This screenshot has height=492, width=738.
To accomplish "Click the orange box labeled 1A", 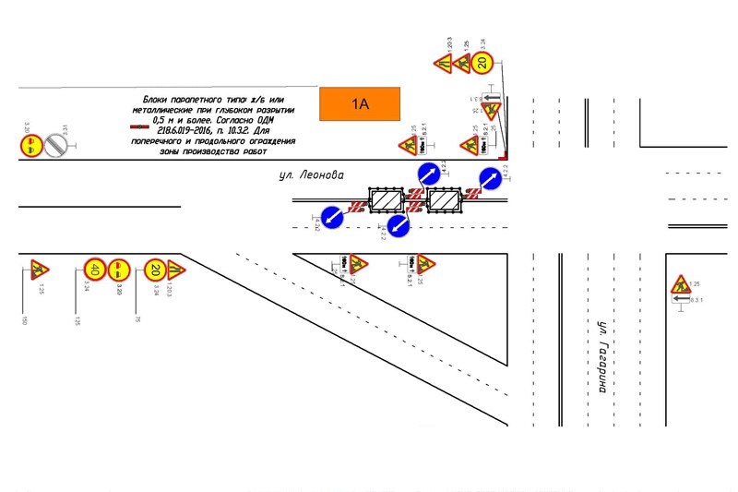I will tap(359, 104).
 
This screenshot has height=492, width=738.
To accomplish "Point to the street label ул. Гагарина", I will tap(601, 357).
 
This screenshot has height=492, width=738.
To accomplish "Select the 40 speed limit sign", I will tap(93, 270).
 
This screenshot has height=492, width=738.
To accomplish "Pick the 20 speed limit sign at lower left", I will tap(155, 270).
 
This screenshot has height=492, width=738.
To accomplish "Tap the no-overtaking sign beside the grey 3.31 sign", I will tap(30, 145).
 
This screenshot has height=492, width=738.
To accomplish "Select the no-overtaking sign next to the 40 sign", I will tap(119, 270).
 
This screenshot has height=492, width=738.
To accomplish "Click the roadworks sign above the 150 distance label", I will tap(39, 270).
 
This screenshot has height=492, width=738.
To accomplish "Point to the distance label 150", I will tap(25, 319).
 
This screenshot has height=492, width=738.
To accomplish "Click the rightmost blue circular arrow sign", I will tap(491, 180).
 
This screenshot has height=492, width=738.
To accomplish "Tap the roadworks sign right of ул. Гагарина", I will tap(681, 283).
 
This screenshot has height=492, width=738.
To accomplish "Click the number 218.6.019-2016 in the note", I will tap(181, 131).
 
